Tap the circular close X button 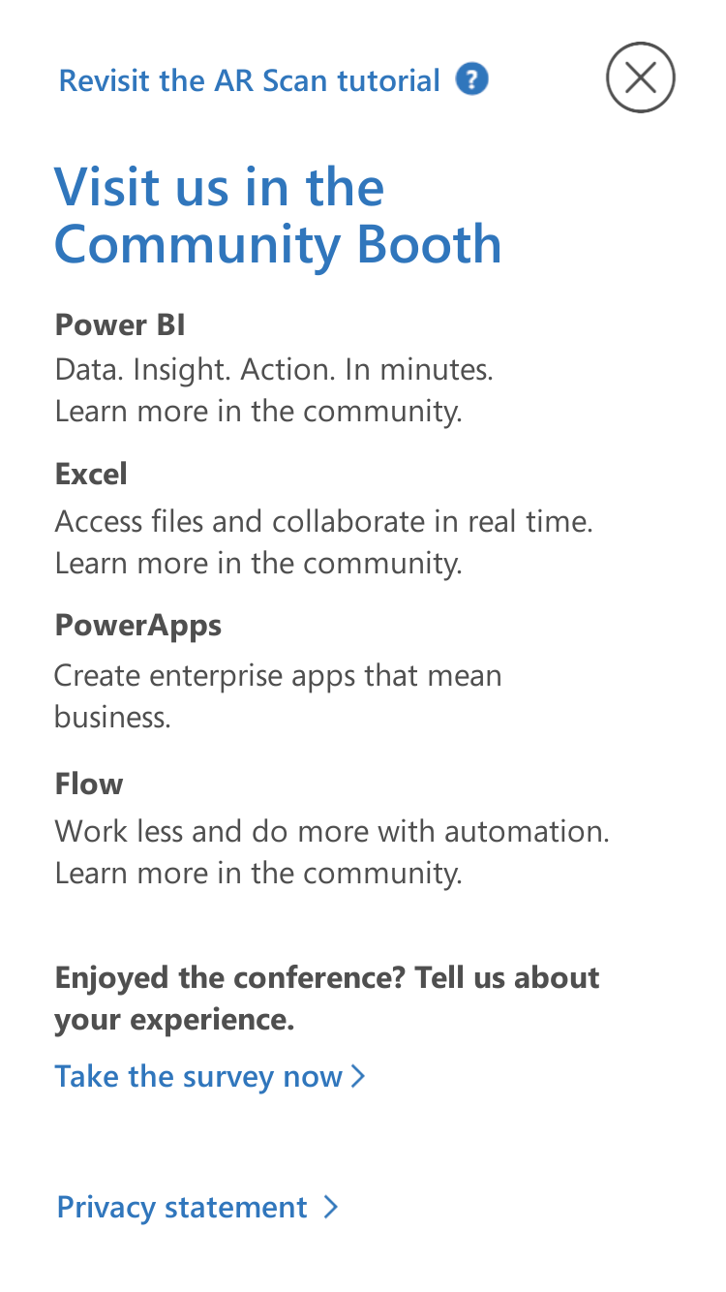click(640, 77)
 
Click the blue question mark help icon click(471, 79)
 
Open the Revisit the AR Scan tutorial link click(249, 80)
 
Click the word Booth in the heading click(429, 245)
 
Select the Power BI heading click(120, 324)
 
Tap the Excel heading click(91, 475)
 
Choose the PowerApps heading click(138, 627)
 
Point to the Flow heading click(89, 784)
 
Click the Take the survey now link click(198, 1076)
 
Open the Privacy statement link click(182, 1207)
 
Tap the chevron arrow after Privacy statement click(330, 1207)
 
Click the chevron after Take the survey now click(358, 1076)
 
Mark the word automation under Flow click(527, 832)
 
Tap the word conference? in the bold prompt click(319, 979)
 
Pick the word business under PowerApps click(112, 718)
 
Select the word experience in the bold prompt click(212, 1021)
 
